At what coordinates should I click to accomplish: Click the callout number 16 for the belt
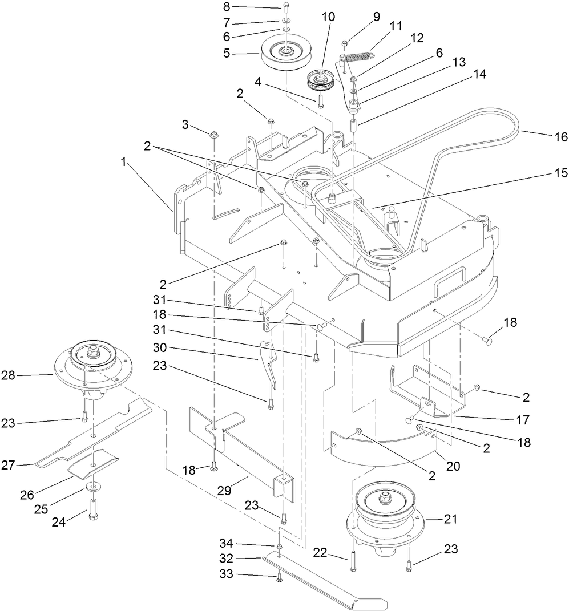click(561, 137)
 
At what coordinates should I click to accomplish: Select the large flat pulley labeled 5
click(284, 53)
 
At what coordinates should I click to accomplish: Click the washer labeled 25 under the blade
click(91, 487)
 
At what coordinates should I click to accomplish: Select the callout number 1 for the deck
click(124, 163)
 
